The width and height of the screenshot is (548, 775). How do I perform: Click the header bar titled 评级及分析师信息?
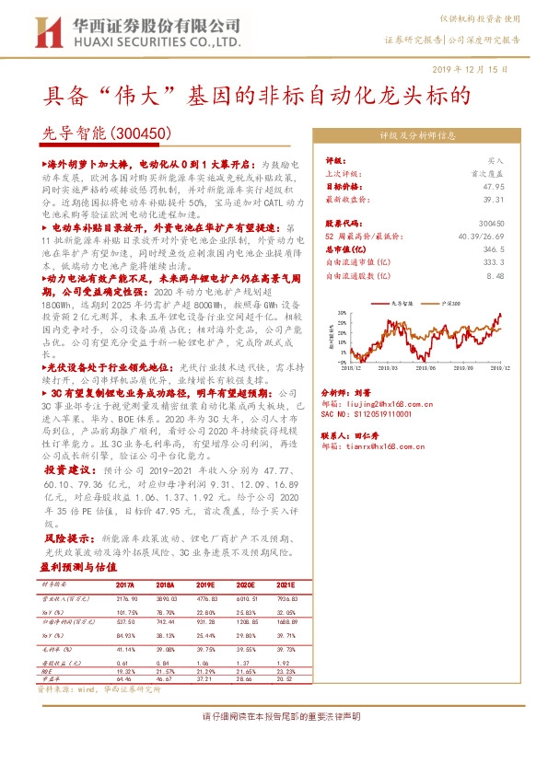[x=419, y=133]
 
